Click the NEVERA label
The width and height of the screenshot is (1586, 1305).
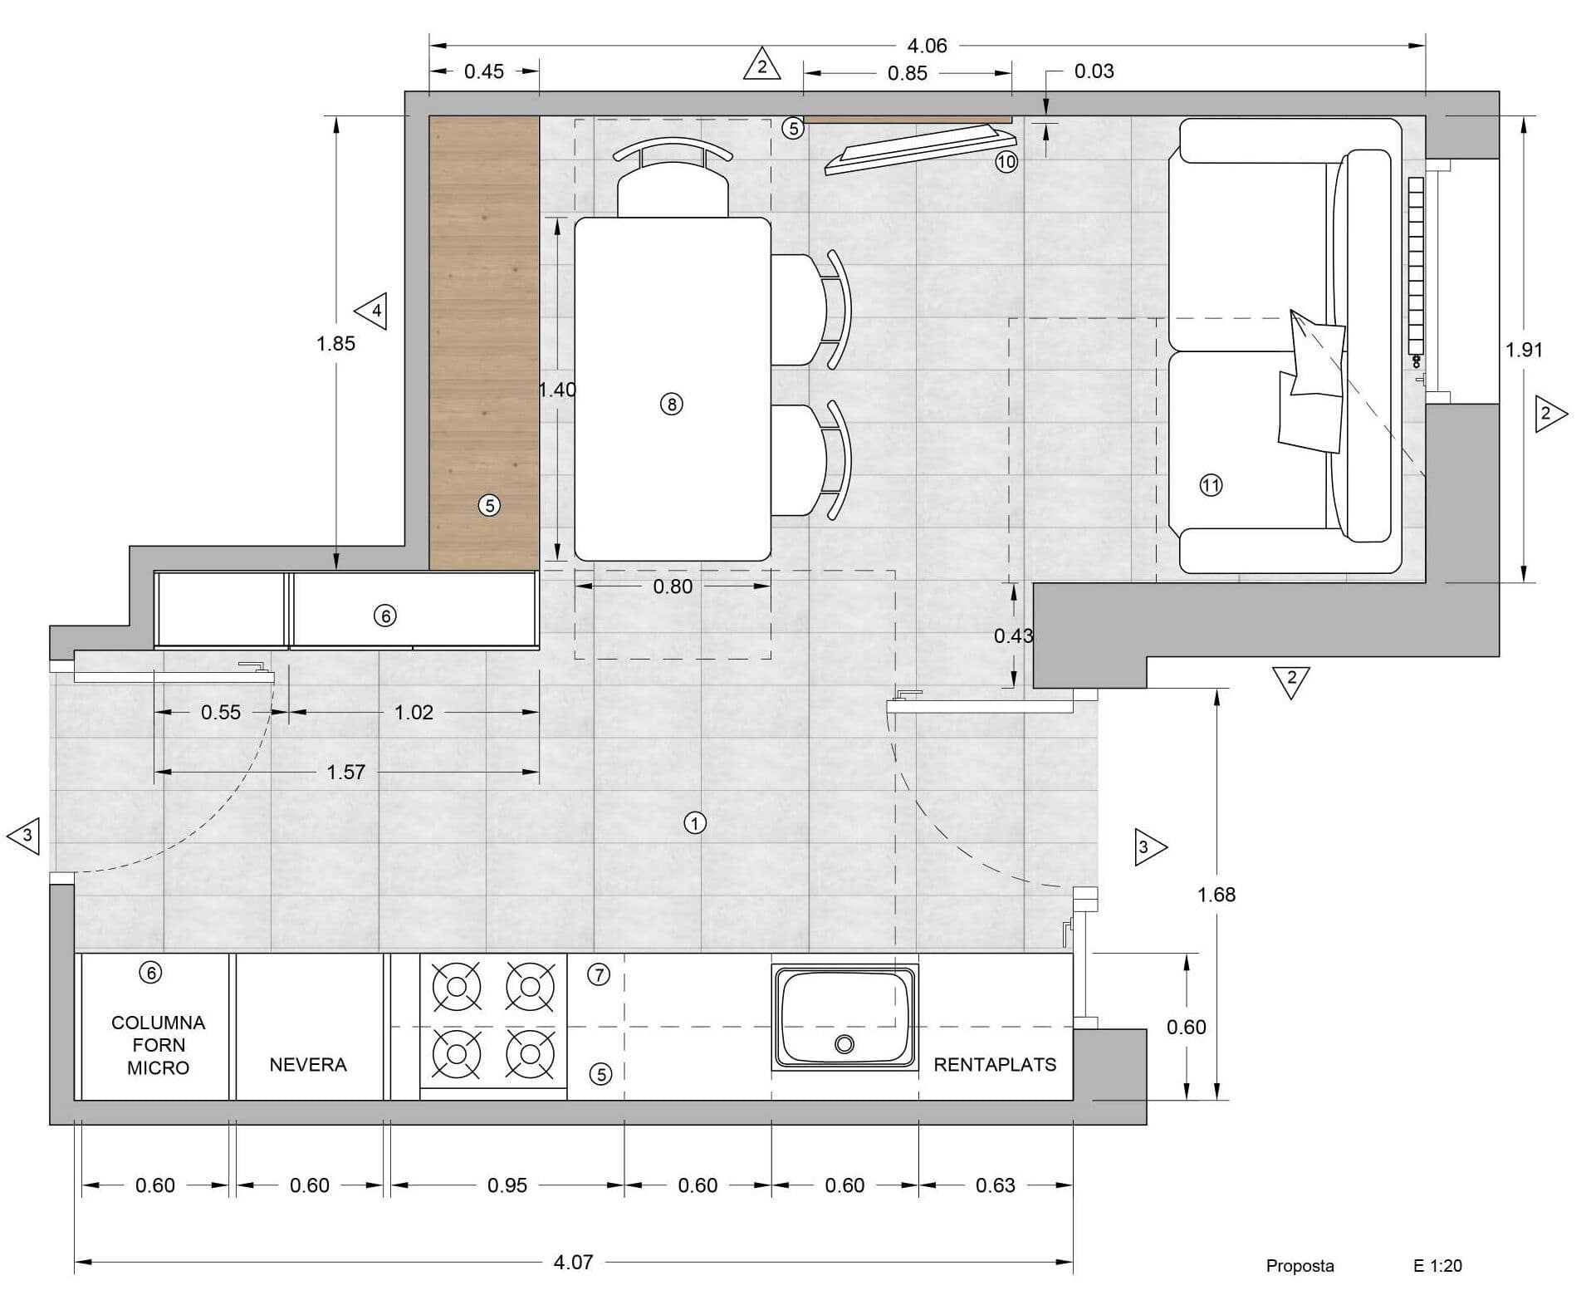308,1064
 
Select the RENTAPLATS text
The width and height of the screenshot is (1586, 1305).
995,1064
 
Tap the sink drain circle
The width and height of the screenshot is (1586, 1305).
844,1044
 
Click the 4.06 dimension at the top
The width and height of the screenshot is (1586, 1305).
927,46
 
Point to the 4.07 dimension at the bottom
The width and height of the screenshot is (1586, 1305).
573,1262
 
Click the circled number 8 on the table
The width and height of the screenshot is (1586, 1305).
671,405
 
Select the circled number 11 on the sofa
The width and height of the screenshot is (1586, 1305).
1211,485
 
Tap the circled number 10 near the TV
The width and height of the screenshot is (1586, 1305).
1006,162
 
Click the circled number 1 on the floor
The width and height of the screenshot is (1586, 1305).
694,823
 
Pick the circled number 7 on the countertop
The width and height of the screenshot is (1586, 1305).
599,974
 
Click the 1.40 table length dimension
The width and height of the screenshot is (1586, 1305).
557,389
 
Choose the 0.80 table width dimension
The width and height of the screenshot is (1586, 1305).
673,586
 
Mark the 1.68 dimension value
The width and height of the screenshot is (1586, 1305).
1216,895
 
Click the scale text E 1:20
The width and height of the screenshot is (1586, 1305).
1437,1266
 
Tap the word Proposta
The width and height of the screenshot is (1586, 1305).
1300,1267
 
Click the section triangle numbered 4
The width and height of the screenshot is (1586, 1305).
372,312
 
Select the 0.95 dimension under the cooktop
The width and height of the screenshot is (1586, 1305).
507,1185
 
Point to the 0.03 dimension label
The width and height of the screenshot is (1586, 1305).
1094,71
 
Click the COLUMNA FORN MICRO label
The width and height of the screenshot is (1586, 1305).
158,1045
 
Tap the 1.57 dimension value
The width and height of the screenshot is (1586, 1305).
345,773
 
